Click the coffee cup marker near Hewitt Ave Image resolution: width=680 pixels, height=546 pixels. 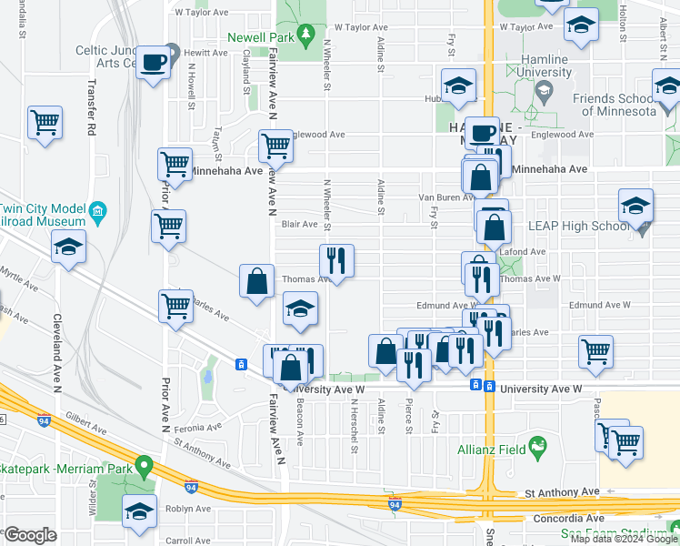point(154,62)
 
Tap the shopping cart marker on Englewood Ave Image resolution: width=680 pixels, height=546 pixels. point(275,145)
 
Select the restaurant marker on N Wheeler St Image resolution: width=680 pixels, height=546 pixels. point(336,260)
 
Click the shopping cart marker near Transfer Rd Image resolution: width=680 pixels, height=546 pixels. point(45,121)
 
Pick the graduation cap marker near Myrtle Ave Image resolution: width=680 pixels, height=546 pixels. point(68,247)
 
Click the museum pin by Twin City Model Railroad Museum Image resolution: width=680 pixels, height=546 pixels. point(98,213)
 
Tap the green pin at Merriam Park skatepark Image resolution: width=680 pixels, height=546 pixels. point(142,467)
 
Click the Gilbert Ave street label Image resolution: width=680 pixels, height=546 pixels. point(87,425)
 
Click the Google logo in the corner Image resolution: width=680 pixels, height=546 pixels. point(31,535)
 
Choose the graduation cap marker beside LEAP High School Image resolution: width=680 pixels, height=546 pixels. point(636,205)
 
